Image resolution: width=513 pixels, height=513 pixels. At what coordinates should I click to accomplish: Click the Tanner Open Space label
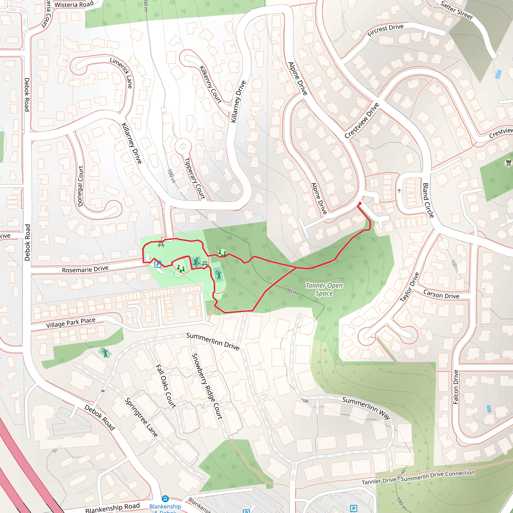(324, 289)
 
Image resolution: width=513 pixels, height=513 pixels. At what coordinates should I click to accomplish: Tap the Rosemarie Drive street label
(85, 269)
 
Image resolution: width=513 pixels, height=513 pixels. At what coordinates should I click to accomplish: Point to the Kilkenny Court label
(211, 84)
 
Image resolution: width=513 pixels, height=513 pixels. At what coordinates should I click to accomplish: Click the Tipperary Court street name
(195, 178)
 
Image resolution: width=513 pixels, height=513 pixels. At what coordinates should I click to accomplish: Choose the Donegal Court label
(80, 186)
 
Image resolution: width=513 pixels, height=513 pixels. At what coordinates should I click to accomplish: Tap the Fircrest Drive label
(385, 30)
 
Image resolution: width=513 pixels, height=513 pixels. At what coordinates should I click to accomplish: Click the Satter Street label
(456, 10)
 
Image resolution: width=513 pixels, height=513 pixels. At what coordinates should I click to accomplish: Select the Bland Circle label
(428, 200)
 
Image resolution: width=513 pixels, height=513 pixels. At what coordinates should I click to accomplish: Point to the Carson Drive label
(441, 294)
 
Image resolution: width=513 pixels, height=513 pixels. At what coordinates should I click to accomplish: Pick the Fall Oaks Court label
(166, 386)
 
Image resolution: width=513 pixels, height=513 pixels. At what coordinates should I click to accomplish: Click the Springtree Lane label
(141, 417)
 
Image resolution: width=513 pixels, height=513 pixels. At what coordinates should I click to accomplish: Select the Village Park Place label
(71, 323)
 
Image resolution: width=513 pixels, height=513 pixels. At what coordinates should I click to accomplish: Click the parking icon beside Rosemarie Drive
(158, 264)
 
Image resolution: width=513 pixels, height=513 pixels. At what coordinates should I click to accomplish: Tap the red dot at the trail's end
(360, 203)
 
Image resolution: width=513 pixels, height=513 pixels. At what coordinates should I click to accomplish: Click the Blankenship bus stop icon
(165, 499)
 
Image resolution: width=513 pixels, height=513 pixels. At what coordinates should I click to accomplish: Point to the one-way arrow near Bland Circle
(399, 191)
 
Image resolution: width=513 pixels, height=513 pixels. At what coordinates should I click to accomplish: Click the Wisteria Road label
(74, 5)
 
